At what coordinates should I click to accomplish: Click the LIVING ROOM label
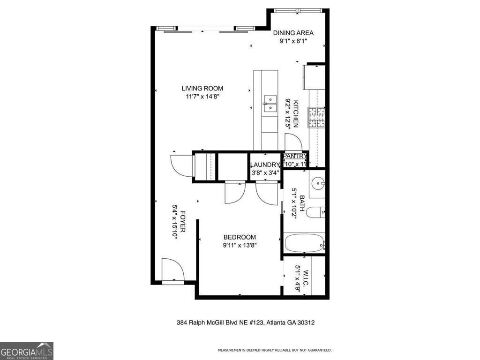202,88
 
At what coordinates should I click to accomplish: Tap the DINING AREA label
293,33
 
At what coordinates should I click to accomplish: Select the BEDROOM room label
240,237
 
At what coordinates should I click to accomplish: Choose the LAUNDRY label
265,165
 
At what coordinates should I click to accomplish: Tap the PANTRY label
295,157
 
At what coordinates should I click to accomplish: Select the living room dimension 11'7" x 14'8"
202,97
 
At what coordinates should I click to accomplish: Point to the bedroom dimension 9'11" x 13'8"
240,245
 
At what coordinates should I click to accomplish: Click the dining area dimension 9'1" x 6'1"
293,41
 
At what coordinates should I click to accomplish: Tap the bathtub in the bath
304,244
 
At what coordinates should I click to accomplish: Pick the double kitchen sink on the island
270,103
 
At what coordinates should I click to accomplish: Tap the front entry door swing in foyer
172,270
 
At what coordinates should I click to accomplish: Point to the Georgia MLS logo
27,351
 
